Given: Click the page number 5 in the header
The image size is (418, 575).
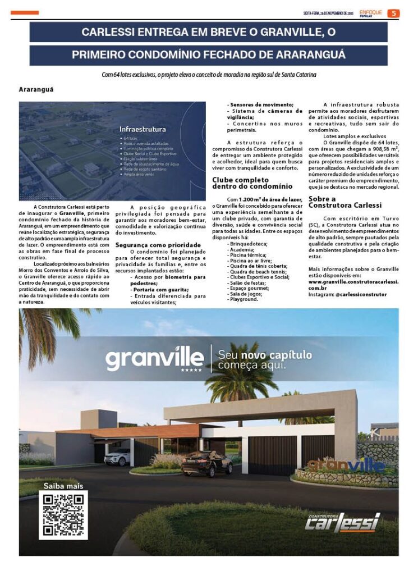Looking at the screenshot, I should pos(394,13).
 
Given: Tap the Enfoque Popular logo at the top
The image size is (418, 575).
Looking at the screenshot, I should pos(373,13).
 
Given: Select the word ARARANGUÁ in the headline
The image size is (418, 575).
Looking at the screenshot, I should pos(311,55).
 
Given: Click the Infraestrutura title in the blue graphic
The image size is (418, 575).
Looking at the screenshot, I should pos(142,129).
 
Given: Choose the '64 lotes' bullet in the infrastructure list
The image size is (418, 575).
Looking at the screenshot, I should pos(130,138).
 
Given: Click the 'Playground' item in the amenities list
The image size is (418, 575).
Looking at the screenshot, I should pos(244,299).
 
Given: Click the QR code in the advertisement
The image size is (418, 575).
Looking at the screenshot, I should pos(63,514).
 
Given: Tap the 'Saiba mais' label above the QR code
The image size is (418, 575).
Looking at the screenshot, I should pos(63,486).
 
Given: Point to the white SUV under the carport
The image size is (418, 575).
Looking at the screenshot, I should pos(117,458).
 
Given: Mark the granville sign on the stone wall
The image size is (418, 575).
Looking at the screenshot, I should pos(346,464).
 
